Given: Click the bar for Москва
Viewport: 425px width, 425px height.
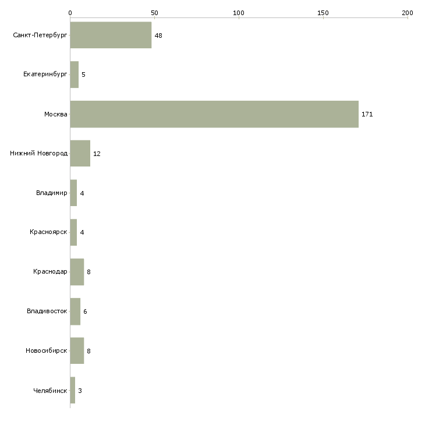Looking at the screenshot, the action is tap(214, 114).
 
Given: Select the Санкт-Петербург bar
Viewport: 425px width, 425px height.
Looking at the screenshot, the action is tap(111, 35).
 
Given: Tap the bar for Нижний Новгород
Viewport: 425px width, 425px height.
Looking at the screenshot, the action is tap(80, 154).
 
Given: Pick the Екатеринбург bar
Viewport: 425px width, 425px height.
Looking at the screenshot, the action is tap(75, 75).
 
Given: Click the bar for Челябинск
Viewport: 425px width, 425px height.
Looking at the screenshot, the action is tap(73, 390).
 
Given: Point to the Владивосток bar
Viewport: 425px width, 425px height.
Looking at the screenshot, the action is tap(75, 311).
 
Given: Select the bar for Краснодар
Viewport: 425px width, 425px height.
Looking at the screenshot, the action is tap(77, 272).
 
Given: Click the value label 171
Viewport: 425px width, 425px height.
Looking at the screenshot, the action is tap(367, 114).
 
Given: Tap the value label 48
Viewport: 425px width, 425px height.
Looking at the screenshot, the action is tap(158, 36).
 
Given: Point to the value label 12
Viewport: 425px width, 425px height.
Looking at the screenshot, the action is tap(97, 154).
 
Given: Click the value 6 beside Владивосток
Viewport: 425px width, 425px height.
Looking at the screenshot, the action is tap(85, 311).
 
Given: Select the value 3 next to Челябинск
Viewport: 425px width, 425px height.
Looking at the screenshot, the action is tap(80, 391).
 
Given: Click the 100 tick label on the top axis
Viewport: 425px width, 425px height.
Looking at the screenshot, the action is tap(239, 13).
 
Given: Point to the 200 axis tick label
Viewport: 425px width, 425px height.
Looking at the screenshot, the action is tap(408, 13).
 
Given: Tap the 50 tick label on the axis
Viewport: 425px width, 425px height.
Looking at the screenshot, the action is tap(154, 13).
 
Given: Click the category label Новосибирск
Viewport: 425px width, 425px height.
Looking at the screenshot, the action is tap(47, 350).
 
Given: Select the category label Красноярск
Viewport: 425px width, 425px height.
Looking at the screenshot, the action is tap(48, 232).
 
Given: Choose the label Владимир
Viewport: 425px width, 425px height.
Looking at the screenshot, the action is tap(51, 193).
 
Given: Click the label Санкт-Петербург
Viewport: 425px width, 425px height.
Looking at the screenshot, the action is tap(40, 36).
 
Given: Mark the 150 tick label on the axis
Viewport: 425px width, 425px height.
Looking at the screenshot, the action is tap(323, 13).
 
